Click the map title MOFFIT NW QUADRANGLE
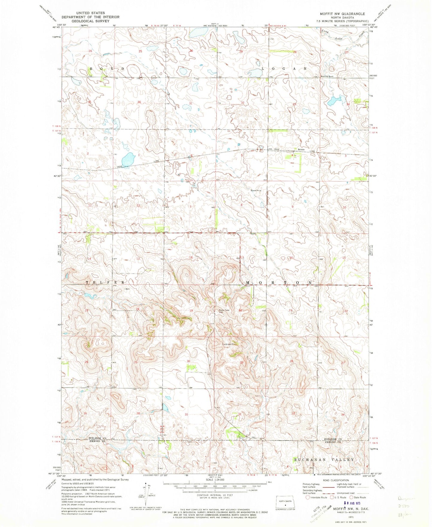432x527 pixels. [x=342, y=14]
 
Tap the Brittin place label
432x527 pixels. [x=301, y=149]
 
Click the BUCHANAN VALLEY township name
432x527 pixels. [x=324, y=459]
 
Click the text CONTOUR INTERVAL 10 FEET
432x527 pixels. [x=215, y=495]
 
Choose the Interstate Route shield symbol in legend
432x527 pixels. [x=308, y=497]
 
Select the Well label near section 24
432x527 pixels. [x=128, y=289]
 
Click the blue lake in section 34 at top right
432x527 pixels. [x=333, y=101]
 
